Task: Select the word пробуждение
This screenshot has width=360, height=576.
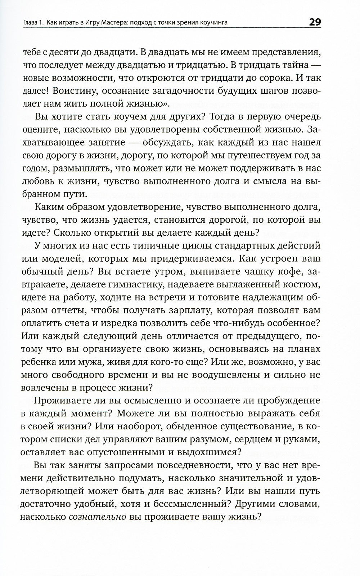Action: coord(288,401)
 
